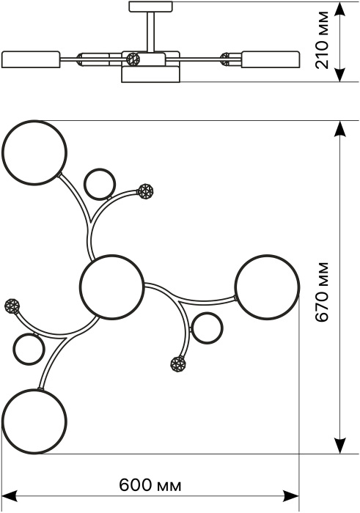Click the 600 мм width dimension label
(x=150, y=485)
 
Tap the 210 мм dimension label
(x=321, y=40)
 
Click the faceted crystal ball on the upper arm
(x=146, y=191)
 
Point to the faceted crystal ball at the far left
(x=12, y=306)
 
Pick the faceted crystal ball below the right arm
(x=178, y=364)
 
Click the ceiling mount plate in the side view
(x=150, y=7)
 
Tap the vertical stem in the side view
(x=150, y=32)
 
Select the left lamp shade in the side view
(x=31, y=59)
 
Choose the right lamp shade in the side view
(x=271, y=59)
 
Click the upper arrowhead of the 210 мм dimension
(x=341, y=10)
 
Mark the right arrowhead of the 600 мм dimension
(x=290, y=495)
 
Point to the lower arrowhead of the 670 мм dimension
(x=341, y=446)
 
